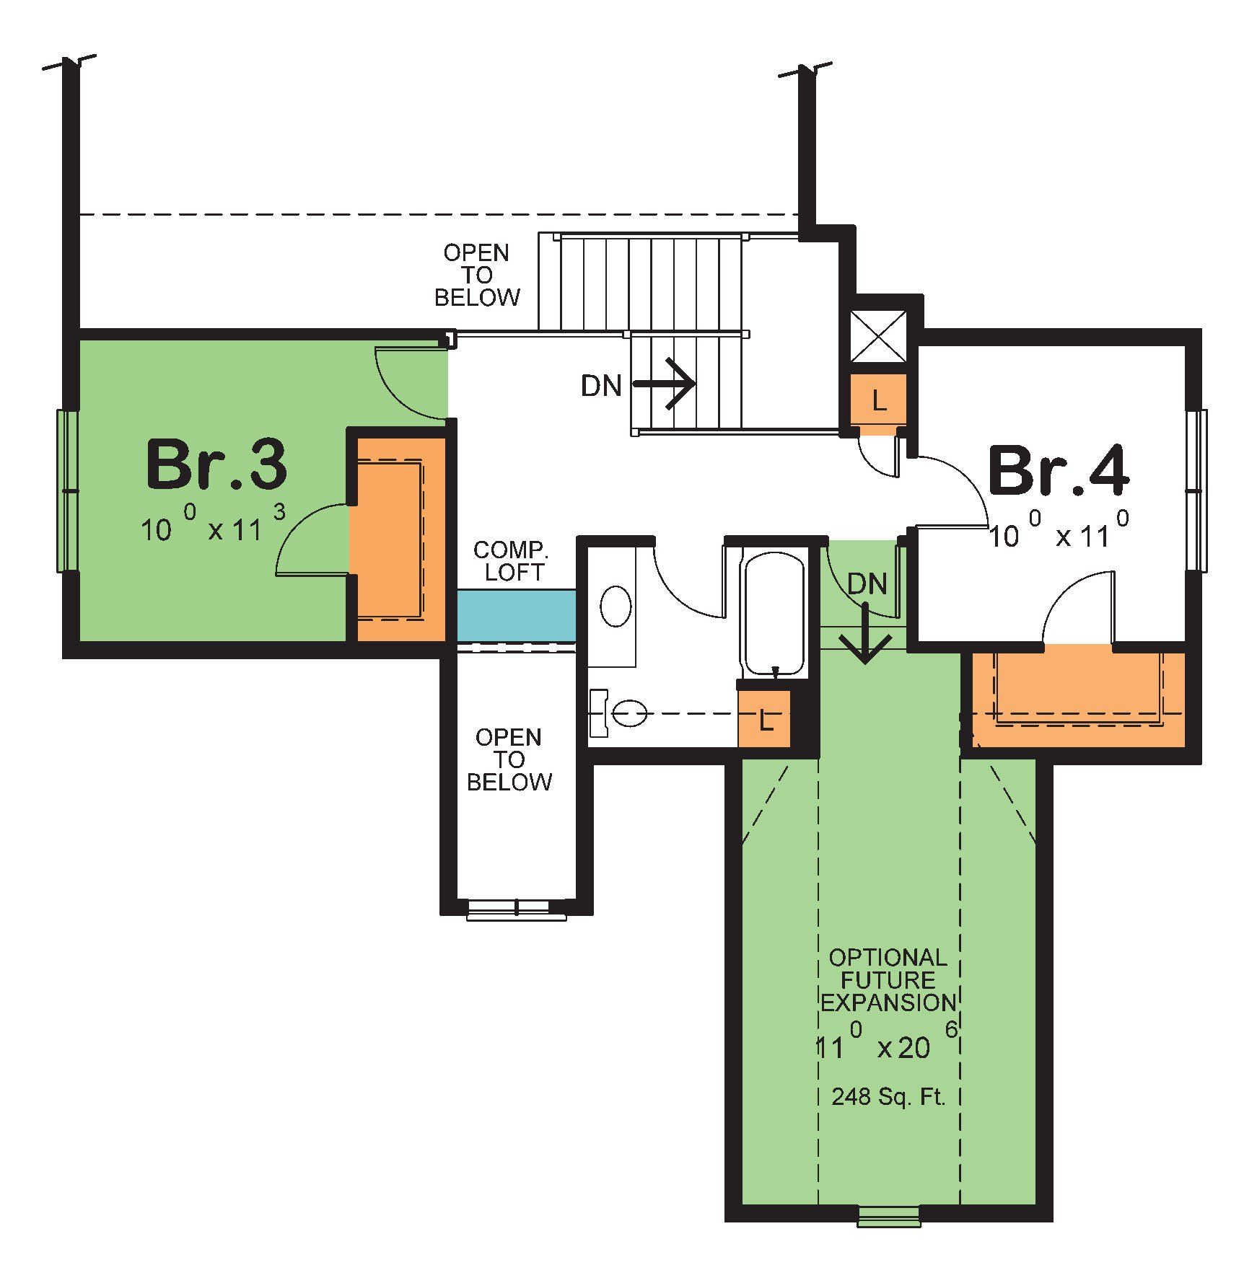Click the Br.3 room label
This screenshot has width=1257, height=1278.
coord(216,465)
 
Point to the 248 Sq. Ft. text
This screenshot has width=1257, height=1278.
coord(888,1097)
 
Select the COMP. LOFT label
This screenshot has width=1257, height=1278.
coord(511,560)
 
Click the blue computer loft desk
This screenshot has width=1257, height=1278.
coord(517,614)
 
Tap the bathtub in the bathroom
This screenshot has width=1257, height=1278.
coord(774,613)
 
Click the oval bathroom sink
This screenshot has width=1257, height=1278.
coord(616,606)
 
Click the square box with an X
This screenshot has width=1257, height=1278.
coord(878,337)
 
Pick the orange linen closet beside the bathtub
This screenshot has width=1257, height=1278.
coord(764,720)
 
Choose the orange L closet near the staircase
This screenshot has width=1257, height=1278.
coord(878,401)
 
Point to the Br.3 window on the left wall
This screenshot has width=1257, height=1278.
coord(67,490)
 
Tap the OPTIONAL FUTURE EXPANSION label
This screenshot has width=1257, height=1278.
coord(888,980)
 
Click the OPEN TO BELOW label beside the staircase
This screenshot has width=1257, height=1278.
coord(476,275)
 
